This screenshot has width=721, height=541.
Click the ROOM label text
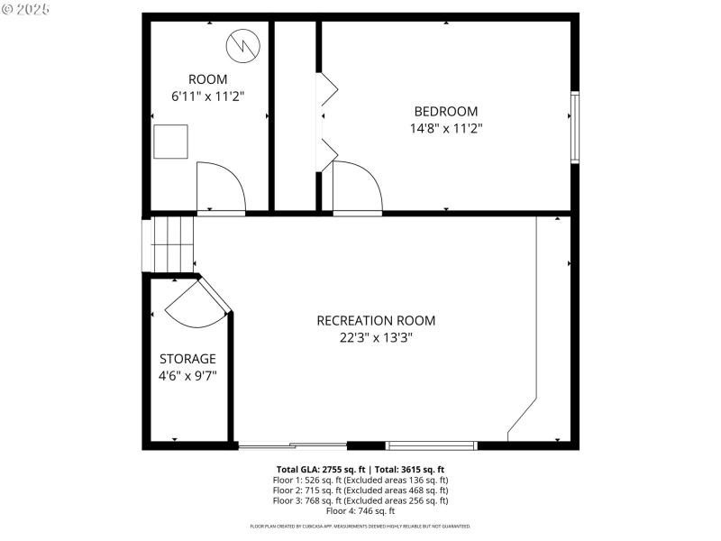(207, 79)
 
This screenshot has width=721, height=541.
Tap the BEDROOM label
(445, 112)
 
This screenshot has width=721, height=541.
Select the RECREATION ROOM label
(376, 321)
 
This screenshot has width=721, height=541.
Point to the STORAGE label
(187, 359)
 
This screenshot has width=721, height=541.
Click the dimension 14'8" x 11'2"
(445, 128)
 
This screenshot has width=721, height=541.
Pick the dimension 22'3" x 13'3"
(376, 338)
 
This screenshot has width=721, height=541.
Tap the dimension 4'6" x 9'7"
(187, 375)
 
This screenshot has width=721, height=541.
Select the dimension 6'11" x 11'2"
(207, 96)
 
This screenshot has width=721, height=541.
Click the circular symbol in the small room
(243, 42)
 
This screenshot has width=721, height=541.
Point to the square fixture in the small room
(170, 142)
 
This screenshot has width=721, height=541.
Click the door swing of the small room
(218, 188)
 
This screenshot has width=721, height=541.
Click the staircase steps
(173, 243)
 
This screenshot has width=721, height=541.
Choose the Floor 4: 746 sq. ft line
(360, 510)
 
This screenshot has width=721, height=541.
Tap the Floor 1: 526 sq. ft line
(360, 480)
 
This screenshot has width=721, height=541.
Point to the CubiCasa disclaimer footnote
(360, 526)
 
